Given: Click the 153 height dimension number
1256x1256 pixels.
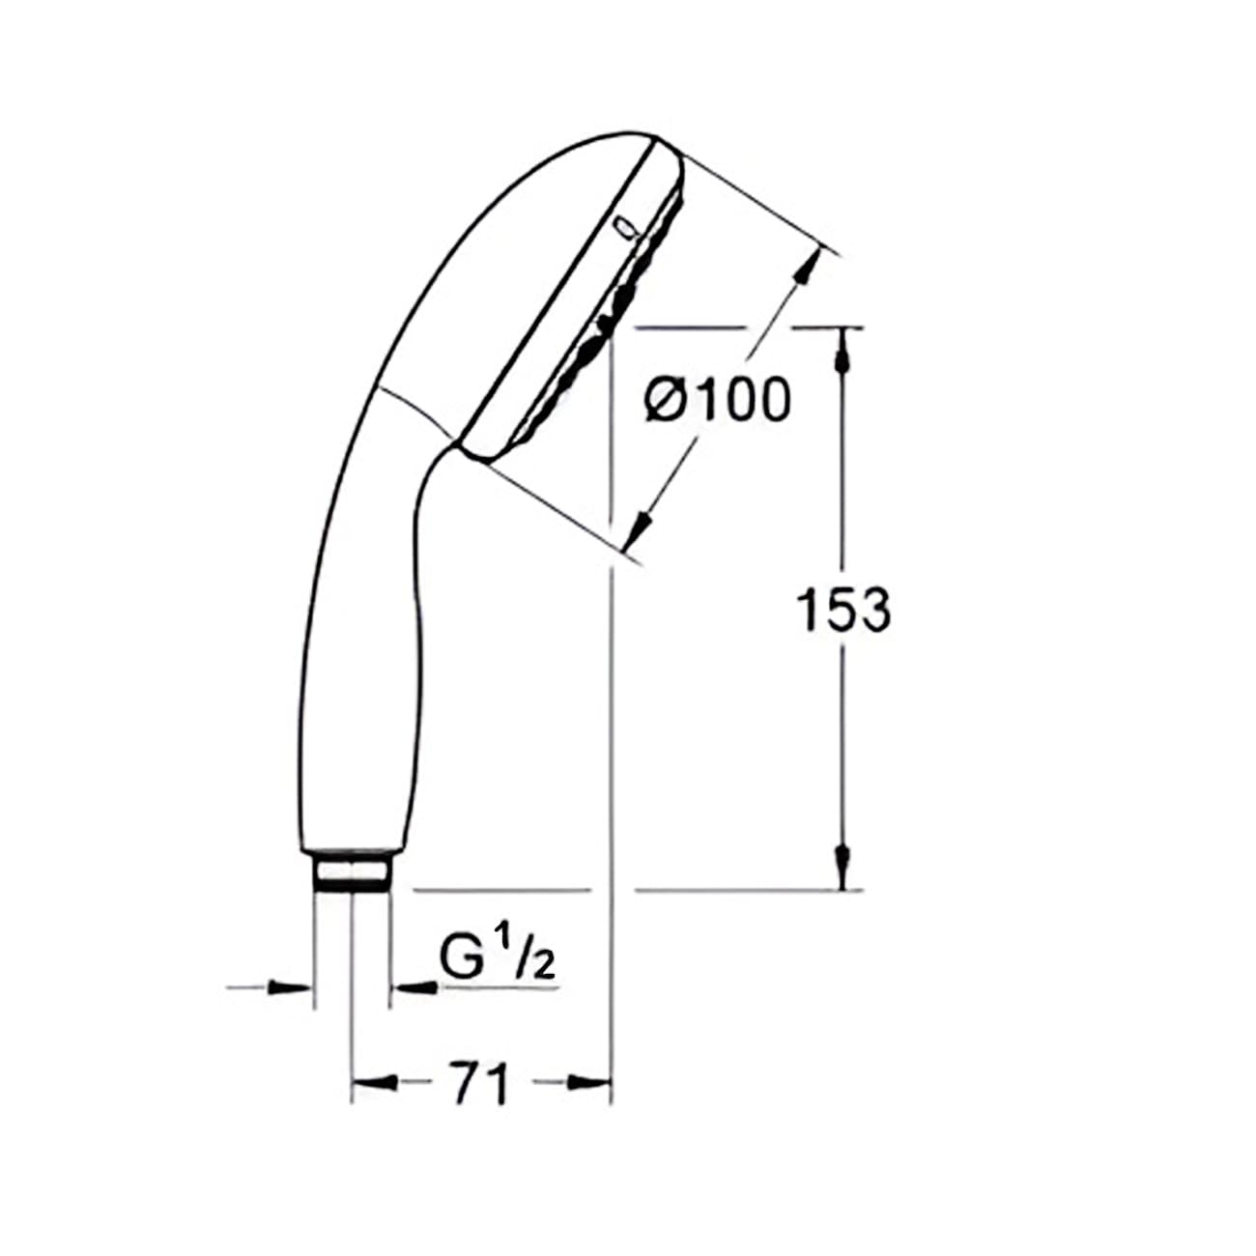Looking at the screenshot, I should [842, 611].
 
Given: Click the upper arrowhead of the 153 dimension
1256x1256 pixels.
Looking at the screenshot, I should [844, 351].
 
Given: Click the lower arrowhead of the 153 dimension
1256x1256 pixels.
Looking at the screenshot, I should [844, 863].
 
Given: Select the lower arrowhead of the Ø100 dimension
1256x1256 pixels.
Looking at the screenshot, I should [641, 528].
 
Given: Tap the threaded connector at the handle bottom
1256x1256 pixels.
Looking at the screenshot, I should [353, 872].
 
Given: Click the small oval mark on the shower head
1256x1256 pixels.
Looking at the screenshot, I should [625, 227].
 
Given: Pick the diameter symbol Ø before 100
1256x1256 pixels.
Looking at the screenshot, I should [667, 400].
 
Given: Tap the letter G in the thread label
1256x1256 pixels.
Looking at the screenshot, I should [460, 959].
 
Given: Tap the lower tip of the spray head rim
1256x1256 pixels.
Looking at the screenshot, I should [473, 454].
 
